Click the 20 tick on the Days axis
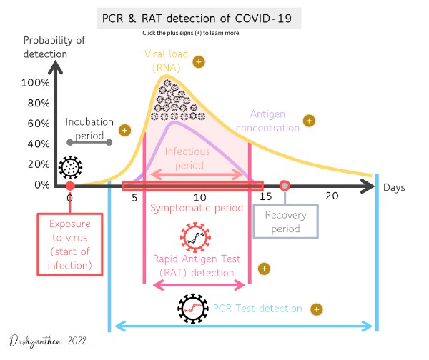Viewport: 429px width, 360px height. pos(331,196)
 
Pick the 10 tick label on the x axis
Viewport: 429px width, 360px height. pos(199,197)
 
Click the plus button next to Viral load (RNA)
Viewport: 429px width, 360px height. pos(200,61)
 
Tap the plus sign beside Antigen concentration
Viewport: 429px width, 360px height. pos(309,121)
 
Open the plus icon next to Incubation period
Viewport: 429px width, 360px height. pos(124,131)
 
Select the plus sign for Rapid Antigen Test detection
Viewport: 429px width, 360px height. pos(263,269)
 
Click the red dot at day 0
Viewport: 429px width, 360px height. pos(69,186)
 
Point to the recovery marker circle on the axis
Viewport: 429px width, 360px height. pos(285,186)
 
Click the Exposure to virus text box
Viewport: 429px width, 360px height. pos(69,244)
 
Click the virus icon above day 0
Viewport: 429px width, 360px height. pos(70,168)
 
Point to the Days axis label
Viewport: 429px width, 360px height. pos(393,187)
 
